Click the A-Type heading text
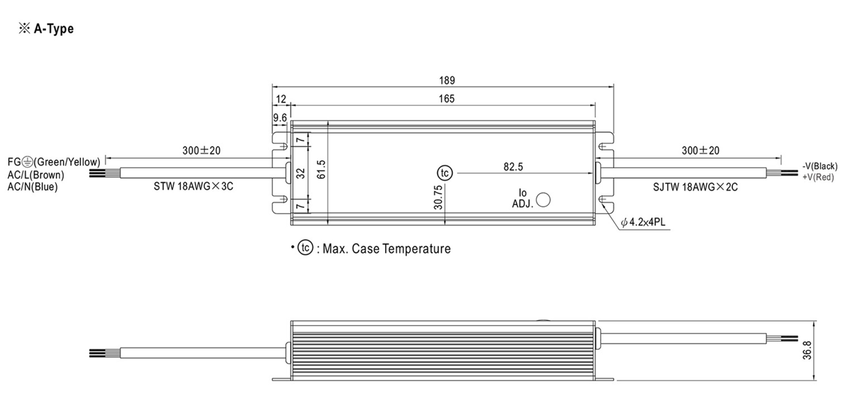(x=53, y=29)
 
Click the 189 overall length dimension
(x=447, y=81)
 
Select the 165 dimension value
(x=446, y=99)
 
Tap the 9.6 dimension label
(x=280, y=118)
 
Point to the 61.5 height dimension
(x=321, y=170)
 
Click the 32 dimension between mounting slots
(x=301, y=173)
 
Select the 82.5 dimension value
(x=513, y=167)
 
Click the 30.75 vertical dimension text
(x=438, y=197)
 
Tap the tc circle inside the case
(x=445, y=173)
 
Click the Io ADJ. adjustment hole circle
(x=543, y=200)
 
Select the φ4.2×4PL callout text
(x=643, y=222)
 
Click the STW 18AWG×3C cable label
(x=193, y=187)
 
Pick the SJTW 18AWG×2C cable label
(x=695, y=187)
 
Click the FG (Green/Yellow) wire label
(x=54, y=162)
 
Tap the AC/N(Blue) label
(x=32, y=187)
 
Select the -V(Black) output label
(x=820, y=166)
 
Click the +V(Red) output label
(x=818, y=177)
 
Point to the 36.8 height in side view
(x=807, y=350)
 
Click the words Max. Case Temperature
(x=386, y=249)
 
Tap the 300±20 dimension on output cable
(x=700, y=151)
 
